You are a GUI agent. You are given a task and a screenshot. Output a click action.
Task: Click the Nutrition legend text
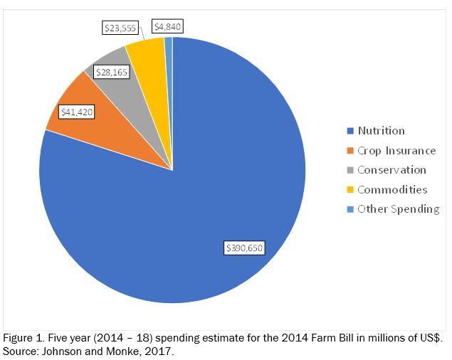tap(381, 131)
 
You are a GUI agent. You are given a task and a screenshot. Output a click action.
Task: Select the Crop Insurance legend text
tap(396, 151)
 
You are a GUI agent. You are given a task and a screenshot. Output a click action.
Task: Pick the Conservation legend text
tap(391, 170)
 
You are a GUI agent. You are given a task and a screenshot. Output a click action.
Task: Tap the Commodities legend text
tap(392, 190)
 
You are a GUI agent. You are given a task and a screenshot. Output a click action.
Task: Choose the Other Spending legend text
tap(398, 209)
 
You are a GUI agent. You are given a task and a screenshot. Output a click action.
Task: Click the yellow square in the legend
tap(349, 191)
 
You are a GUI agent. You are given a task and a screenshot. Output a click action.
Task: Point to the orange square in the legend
tap(349, 152)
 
